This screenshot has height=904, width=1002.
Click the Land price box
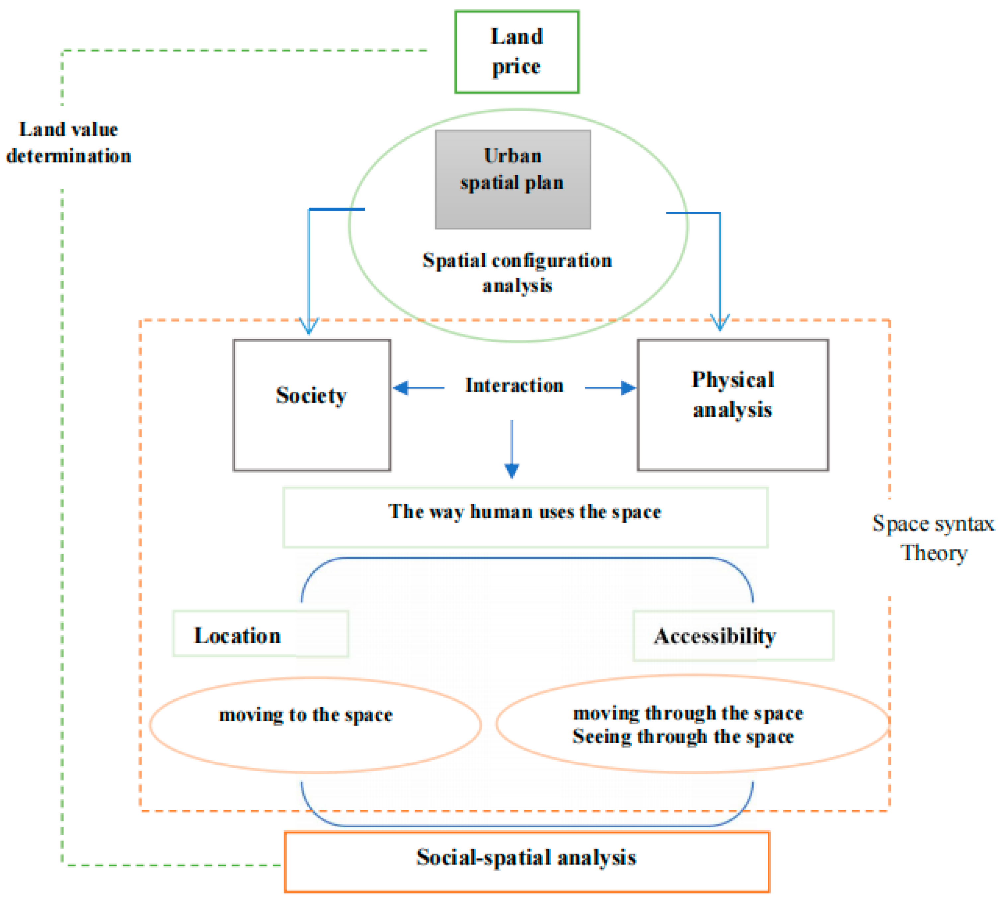[516, 52]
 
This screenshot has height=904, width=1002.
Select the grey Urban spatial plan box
[513, 179]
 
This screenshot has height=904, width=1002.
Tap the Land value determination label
[69, 143]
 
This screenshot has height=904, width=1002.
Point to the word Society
[311, 395]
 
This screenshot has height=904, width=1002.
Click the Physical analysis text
[732, 394]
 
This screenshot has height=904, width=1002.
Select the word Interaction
[514, 386]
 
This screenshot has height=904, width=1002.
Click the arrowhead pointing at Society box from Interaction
[401, 388]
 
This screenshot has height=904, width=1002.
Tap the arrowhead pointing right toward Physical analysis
[629, 388]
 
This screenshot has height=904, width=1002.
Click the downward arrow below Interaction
[512, 469]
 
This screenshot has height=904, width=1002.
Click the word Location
[238, 636]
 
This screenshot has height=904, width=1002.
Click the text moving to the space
[306, 715]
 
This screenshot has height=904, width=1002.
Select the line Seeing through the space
[683, 736]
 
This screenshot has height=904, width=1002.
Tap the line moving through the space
[688, 713]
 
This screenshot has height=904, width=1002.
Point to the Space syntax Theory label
[933, 538]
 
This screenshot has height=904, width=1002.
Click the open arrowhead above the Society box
[309, 328]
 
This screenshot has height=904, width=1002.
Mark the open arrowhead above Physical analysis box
[720, 323]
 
